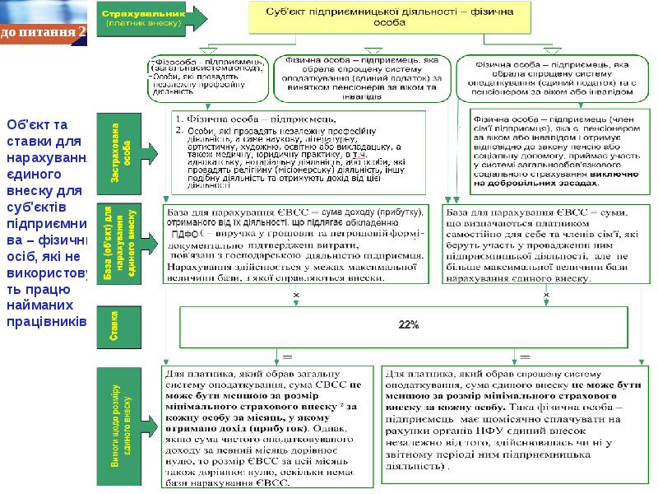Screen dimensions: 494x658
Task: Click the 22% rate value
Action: (x=409, y=325)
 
